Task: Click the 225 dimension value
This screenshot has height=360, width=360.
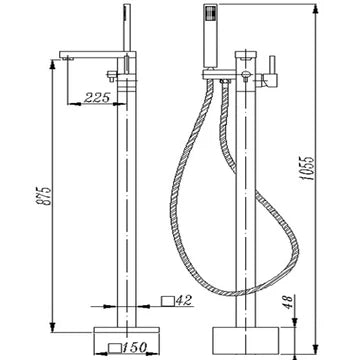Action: click(97, 98)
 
